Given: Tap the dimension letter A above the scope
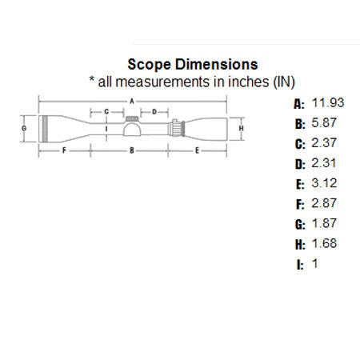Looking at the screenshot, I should click(133, 101).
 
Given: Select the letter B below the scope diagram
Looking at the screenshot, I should click(133, 150).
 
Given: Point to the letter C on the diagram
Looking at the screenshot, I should click(106, 112).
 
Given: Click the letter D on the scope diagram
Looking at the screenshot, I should click(154, 112).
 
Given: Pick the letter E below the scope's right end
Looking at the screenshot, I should click(196, 150).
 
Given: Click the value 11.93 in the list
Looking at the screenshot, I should click(327, 103).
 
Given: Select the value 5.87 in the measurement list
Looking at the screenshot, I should click(324, 124).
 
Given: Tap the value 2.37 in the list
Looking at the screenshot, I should click(324, 144).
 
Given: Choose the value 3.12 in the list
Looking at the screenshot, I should click(324, 183).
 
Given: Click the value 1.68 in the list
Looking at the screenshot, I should click(324, 243).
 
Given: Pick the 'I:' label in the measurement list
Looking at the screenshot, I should click(299, 263).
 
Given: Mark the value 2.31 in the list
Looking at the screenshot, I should click(324, 164).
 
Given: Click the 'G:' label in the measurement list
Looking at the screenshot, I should click(299, 223).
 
